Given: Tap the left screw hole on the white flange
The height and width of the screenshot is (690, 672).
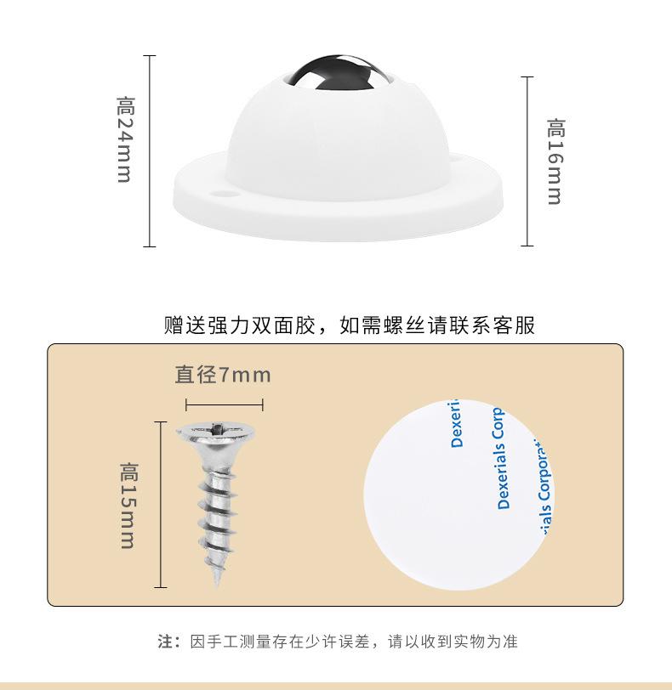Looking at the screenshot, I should (225, 193).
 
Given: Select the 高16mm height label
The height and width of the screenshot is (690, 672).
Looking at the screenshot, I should (555, 161).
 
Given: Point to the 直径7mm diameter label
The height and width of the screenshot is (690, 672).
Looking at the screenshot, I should (223, 375).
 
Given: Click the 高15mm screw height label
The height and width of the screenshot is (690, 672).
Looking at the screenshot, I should (128, 505).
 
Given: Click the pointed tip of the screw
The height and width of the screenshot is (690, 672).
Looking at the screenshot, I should (219, 580).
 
